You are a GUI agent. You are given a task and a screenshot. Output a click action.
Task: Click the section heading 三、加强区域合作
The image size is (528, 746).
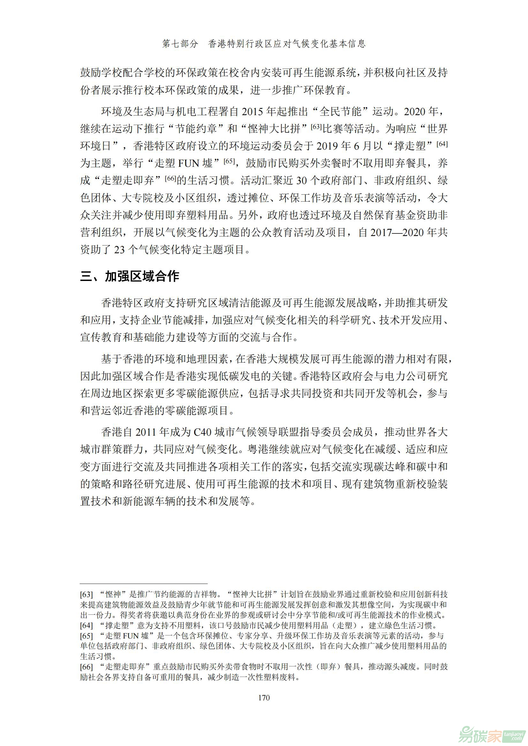click(x=130, y=276)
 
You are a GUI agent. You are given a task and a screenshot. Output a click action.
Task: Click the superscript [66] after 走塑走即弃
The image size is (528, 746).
click(x=170, y=178)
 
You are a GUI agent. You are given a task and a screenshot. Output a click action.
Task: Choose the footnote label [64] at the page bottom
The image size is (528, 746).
click(x=87, y=625)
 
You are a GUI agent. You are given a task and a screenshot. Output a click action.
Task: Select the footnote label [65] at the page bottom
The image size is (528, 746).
click(x=87, y=636)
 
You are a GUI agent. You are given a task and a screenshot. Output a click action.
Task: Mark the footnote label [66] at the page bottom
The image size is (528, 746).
click(x=87, y=667)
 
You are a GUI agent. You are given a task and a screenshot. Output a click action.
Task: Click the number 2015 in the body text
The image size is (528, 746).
click(x=252, y=112)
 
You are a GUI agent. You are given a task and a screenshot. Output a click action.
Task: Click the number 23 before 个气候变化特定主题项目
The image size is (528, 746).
click(x=119, y=249)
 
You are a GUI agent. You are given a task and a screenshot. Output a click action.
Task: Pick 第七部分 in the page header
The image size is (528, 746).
click(x=180, y=44)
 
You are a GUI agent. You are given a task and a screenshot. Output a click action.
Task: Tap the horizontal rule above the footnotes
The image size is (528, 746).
click(x=144, y=584)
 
